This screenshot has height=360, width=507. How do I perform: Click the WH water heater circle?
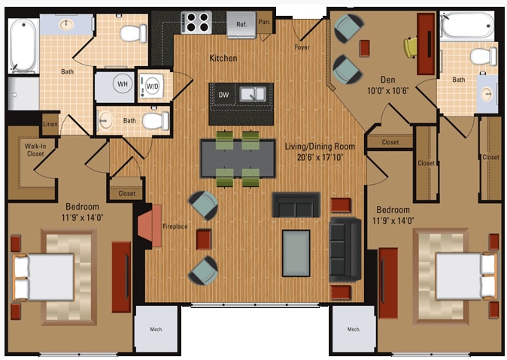123,84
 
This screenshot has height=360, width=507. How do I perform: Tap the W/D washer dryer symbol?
152,85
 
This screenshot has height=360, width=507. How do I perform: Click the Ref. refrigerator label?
241,24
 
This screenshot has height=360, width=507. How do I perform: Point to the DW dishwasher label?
223,95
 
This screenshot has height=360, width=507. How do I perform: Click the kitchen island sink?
252,94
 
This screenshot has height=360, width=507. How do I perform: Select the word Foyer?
302,47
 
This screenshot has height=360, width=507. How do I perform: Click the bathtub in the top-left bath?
23,45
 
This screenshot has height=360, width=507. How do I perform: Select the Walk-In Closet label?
35,150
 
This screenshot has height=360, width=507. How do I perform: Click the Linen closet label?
50,124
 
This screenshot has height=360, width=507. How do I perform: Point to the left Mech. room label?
156,329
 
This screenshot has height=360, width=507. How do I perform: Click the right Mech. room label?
354,329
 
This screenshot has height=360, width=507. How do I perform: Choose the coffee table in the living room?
296,253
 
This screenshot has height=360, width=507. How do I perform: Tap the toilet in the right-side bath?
481,56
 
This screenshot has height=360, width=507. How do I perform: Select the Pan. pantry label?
264,22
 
